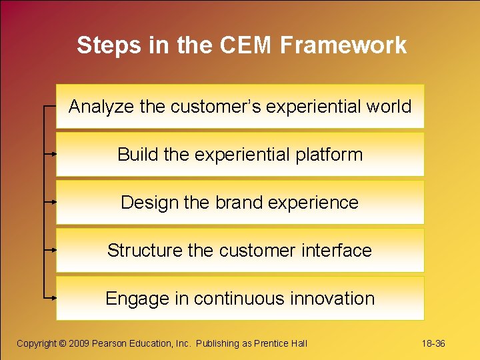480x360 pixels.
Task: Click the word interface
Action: coord(337,251)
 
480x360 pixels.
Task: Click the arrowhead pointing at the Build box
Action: coord(53,153)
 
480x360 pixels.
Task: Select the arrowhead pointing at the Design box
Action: coord(53,201)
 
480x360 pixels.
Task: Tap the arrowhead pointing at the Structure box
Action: coord(53,249)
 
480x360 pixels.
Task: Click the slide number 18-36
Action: coord(433,343)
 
